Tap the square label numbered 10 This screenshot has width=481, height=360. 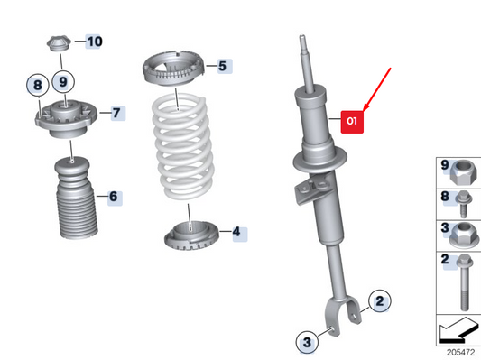[94, 42]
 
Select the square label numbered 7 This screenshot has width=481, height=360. [117, 113]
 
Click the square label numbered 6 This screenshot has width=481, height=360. [113, 196]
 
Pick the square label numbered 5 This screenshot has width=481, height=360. [222, 66]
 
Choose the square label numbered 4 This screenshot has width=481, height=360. [236, 232]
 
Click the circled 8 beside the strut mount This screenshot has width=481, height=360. [37, 87]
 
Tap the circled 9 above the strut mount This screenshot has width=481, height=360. [63, 82]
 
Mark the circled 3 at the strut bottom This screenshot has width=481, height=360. [307, 342]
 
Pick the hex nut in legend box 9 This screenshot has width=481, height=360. [459, 167]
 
